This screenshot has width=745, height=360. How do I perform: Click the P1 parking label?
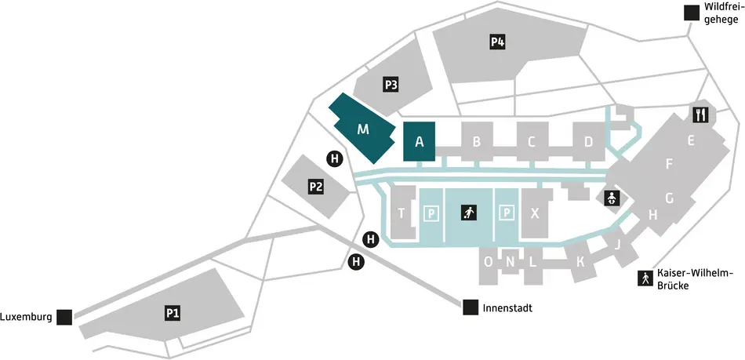click(173, 313)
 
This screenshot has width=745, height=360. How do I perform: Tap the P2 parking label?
click(316, 187)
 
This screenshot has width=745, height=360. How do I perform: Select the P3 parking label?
click(391, 85)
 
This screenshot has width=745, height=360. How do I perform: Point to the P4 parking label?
click(497, 42)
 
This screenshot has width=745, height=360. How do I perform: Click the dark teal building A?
click(419, 142)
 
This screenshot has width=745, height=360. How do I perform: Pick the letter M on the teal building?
click(362, 129)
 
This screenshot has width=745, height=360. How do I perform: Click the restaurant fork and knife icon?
click(700, 115)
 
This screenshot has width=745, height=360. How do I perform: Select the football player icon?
click(468, 213)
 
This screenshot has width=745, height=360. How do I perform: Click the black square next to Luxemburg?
click(64, 317)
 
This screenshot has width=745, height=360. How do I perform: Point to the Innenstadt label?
click(508, 307)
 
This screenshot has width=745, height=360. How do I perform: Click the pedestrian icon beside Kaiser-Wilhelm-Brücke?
click(645, 278)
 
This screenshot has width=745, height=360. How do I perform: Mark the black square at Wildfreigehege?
click(691, 13)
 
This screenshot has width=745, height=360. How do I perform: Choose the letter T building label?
click(402, 213)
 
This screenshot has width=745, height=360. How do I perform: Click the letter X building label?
click(535, 213)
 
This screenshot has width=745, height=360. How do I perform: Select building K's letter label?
click(581, 262)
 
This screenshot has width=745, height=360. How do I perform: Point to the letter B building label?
click(476, 142)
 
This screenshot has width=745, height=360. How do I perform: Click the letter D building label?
click(588, 142)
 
